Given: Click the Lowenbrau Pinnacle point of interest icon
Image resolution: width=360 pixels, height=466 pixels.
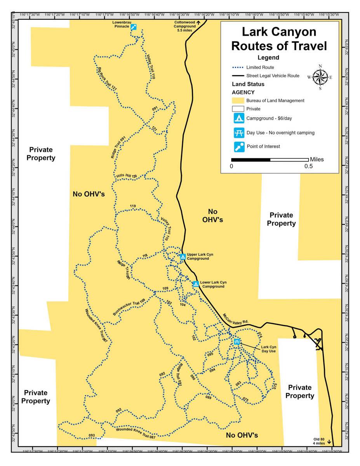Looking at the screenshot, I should pyautogui.click(x=134, y=27).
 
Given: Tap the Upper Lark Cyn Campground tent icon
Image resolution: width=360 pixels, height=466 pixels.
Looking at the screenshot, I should pyautogui.click(x=183, y=257).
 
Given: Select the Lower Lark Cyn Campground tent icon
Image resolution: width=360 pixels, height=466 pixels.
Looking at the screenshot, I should pyautogui.click(x=196, y=284).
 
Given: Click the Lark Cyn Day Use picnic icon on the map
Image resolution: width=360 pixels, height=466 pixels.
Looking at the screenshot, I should pyautogui.click(x=237, y=342).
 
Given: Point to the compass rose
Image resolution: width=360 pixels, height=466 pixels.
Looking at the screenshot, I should pyautogui.click(x=320, y=77).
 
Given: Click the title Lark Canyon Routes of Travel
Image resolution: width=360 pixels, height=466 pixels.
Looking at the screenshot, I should pyautogui.click(x=279, y=39).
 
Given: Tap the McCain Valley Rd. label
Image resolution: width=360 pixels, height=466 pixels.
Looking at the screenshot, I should pyautogui.click(x=236, y=318).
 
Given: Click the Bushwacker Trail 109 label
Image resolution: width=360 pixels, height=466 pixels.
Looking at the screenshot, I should pyautogui.click(x=129, y=306).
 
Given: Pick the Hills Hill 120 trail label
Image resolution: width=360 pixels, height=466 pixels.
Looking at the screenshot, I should pyautogui.click(x=127, y=176).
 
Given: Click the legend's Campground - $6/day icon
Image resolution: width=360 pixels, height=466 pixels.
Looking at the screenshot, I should pyautogui.click(x=238, y=118).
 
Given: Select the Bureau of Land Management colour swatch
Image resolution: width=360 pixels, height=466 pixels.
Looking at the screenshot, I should pyautogui.click(x=238, y=101).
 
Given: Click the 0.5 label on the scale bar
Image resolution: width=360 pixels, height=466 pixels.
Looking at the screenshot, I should pyautogui.click(x=308, y=167).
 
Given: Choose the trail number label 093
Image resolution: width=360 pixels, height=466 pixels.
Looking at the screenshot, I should pyautogui.click(x=92, y=435).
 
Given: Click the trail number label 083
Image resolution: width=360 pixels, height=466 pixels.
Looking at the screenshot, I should pyautogui.click(x=238, y=383).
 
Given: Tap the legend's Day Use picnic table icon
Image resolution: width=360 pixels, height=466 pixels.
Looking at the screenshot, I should pyautogui.click(x=238, y=132).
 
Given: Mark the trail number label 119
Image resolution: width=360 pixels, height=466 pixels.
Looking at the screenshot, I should pyautogui.click(x=133, y=206).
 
